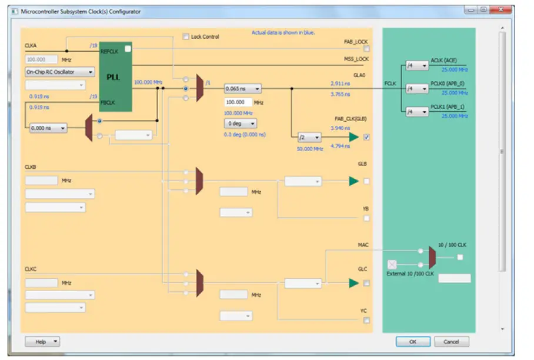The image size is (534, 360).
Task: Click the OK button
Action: coord(413,342)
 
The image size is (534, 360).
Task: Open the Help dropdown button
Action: coord(42,342)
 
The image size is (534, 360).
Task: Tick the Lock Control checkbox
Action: coord(186,36)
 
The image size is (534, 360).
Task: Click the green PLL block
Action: coord(114,77)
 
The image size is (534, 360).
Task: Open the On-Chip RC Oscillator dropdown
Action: coord(59,72)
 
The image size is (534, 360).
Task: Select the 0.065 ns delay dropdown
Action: coord(242,89)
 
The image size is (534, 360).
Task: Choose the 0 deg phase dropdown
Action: coord(241,124)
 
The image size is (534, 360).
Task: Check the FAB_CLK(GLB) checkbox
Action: coord(367,137)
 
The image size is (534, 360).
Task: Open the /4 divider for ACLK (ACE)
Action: coord(416,65)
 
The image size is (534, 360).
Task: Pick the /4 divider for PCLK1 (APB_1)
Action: coord(416,111)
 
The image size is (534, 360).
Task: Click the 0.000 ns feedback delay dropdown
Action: coord(48,128)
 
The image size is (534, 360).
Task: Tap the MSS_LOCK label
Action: coord(356,59)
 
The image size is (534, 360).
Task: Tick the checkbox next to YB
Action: coord(367,218)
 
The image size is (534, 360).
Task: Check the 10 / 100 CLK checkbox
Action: coord(460,257)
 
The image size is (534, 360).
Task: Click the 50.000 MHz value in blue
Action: coord(309,149)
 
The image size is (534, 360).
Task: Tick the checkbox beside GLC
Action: coord(367,283)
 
